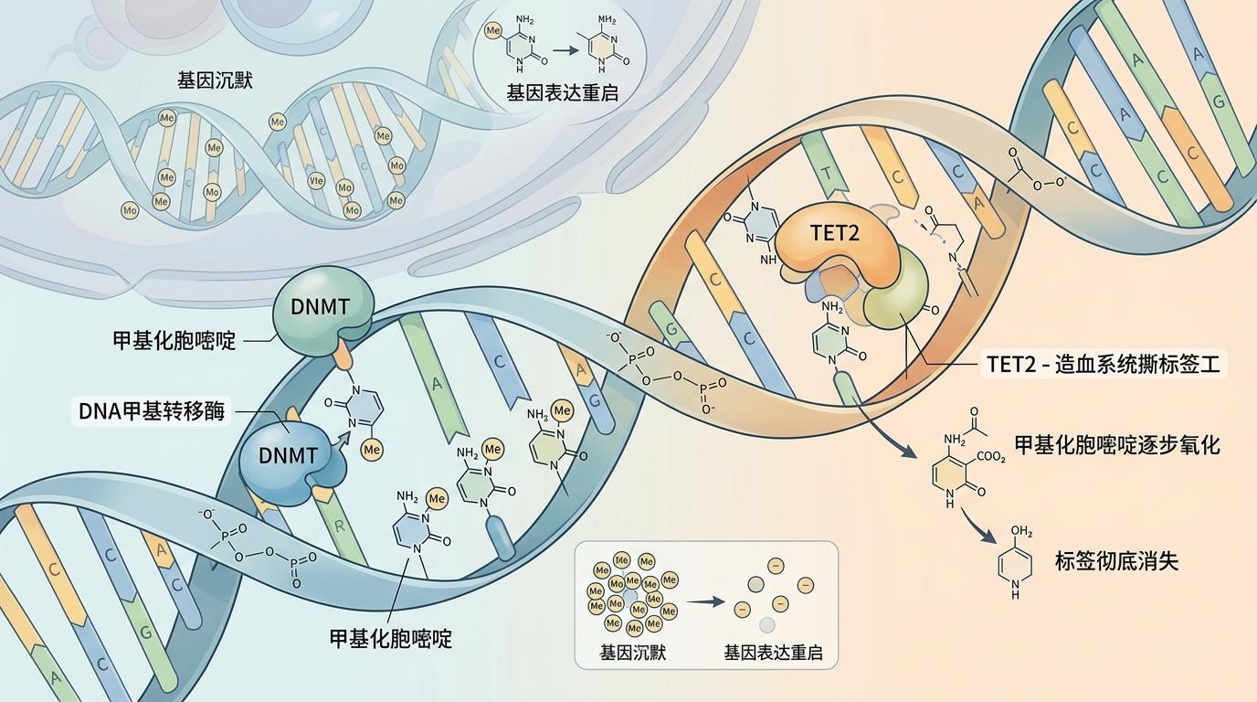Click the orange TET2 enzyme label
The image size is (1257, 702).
click(x=835, y=233)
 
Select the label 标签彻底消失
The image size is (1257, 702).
click(x=1116, y=560)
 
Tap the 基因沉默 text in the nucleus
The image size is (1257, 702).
click(x=215, y=80)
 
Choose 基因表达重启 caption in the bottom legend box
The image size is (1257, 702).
click(x=773, y=654)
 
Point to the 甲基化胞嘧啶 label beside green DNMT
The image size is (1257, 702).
click(x=174, y=341)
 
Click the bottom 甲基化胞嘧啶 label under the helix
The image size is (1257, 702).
click(x=391, y=638)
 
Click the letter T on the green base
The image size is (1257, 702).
click(x=827, y=175)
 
